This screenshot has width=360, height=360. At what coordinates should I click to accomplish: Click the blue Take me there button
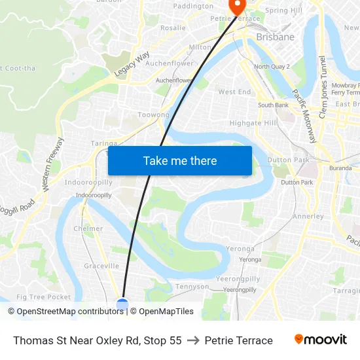tap(180, 160)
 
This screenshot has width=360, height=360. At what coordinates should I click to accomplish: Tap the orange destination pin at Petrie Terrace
tap(236, 5)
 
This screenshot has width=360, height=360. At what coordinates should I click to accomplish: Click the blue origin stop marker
tap(122, 303)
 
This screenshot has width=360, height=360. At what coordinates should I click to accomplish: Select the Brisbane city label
tap(275, 37)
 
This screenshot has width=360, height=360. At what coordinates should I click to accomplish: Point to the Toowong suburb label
tap(153, 115)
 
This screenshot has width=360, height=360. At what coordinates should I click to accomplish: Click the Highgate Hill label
tap(253, 123)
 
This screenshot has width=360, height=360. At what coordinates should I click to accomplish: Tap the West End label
tap(234, 92)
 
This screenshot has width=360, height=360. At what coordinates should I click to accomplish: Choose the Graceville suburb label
tap(101, 266)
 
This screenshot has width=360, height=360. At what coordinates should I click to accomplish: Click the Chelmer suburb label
tap(88, 229)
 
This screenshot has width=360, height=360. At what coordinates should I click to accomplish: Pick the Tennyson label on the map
tap(192, 287)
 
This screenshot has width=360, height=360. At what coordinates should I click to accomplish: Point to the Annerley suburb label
tap(308, 216)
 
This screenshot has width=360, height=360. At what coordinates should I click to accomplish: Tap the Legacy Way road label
tap(132, 64)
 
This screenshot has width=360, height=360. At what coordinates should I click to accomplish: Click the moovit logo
tap(320, 340)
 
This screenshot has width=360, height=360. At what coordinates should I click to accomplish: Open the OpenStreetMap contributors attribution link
tap(70, 312)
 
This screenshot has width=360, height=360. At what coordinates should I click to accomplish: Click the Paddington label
tap(193, 6)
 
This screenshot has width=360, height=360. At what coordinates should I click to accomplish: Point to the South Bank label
tap(273, 105)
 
